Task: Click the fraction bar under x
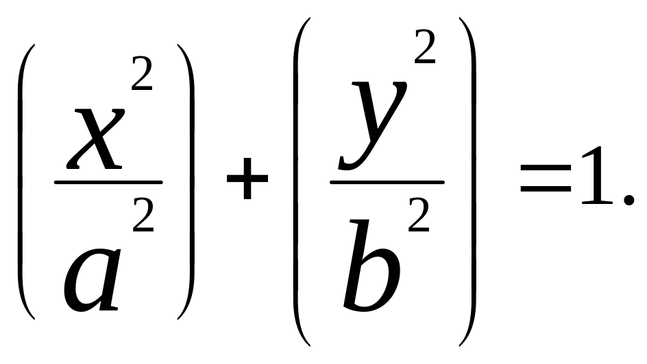108,183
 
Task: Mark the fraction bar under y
387,183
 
